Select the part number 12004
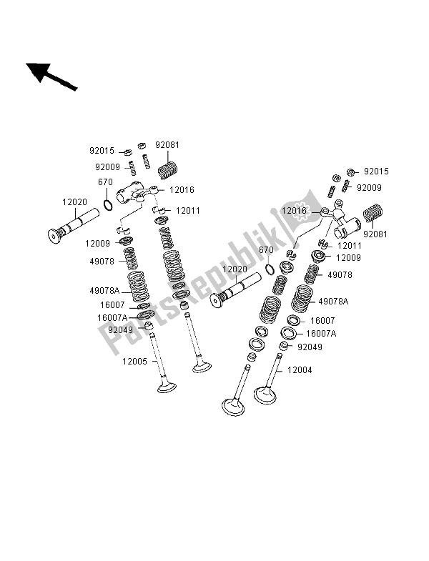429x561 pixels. coord(300,371)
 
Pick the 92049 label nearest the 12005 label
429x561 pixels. coord(120,330)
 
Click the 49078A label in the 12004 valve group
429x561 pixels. coord(333,302)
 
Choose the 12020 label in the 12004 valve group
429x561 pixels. coord(235,269)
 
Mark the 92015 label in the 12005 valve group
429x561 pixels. coord(101,151)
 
